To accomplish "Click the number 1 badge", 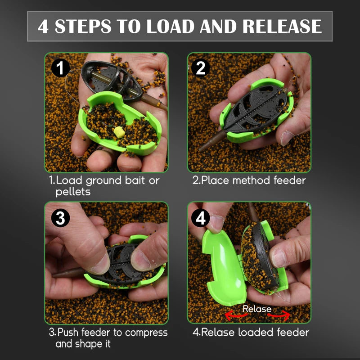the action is (x=60, y=68).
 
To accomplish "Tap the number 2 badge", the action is (x=200, y=68).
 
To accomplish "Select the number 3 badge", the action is (x=60, y=218).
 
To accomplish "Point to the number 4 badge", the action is (x=200, y=218).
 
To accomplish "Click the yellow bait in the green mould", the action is (x=119, y=132).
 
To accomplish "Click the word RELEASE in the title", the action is (x=282, y=26).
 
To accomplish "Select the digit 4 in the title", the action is (x=43, y=26).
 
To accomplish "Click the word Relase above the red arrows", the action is (x=257, y=309).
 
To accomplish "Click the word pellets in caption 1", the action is (x=73, y=192).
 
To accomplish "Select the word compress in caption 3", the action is (x=146, y=333).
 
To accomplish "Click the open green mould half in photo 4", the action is (x=223, y=267).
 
